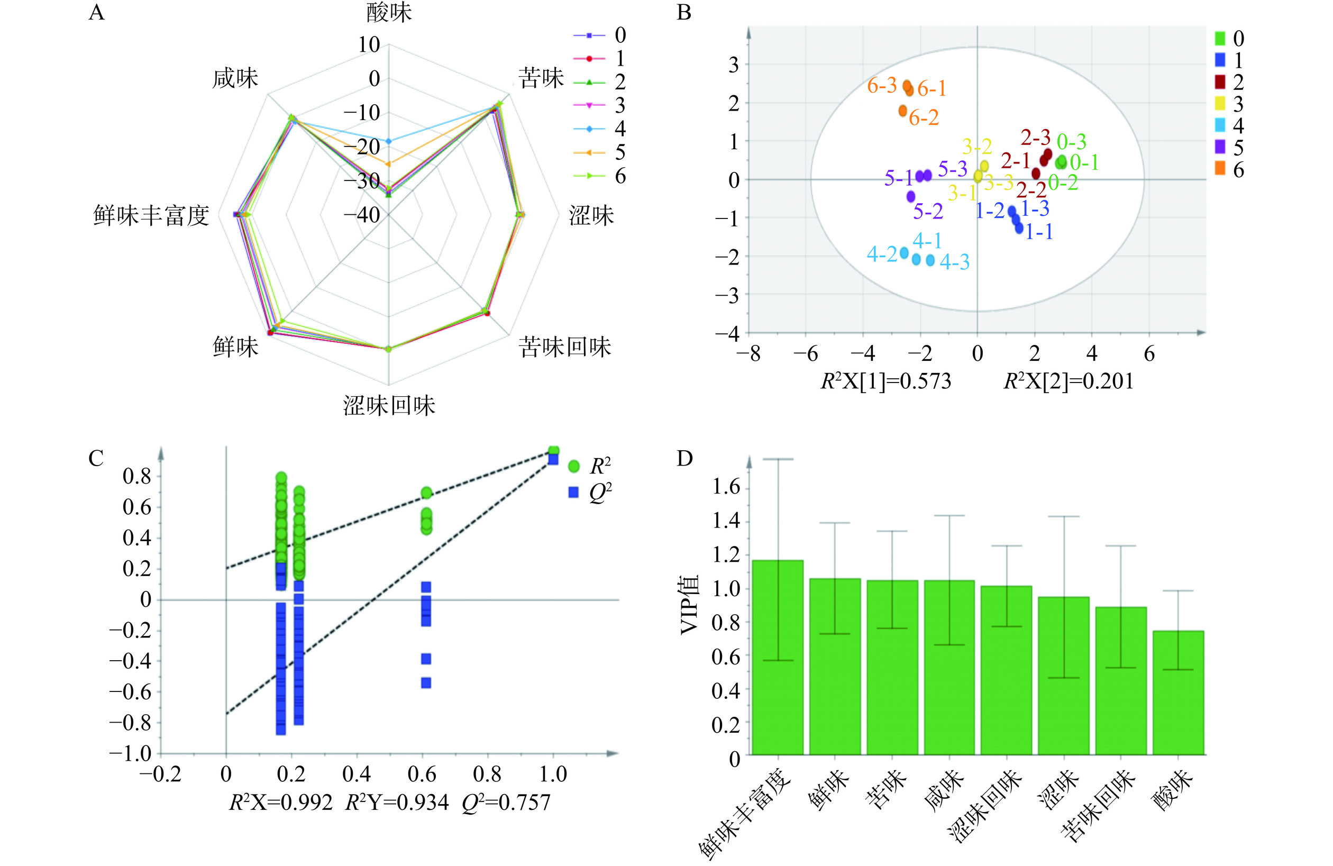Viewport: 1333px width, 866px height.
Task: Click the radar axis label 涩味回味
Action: click(389, 406)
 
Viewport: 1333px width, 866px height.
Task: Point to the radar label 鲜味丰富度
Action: click(151, 216)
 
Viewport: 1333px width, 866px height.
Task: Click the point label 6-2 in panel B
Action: click(924, 117)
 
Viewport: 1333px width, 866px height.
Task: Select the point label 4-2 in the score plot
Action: click(882, 254)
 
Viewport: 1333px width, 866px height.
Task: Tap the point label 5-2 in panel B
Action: click(928, 211)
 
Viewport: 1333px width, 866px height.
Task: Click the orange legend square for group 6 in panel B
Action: click(1220, 169)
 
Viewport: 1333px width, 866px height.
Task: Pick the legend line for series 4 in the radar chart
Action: click(589, 129)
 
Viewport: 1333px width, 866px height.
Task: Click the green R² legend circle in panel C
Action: click(573, 466)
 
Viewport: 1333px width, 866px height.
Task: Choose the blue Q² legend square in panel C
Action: click(573, 493)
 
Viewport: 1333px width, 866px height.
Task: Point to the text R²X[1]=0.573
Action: click(885, 381)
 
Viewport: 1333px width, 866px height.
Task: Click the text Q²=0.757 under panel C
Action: click(506, 803)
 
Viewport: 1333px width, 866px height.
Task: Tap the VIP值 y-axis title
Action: click(690, 605)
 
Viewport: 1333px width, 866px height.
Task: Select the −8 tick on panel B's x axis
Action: click(748, 354)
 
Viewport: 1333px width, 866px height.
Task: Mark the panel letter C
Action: click(96, 458)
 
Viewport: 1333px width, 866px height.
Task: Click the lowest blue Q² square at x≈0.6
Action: click(426, 682)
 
